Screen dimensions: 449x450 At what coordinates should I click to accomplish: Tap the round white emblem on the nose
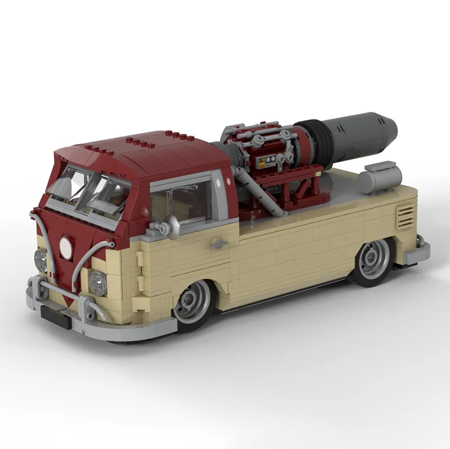pos(66,248)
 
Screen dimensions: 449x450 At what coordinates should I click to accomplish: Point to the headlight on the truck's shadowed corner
pos(40,260)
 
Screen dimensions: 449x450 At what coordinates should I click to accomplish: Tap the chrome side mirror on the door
pos(171,226)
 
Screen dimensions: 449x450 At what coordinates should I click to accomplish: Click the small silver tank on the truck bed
pos(380,177)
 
